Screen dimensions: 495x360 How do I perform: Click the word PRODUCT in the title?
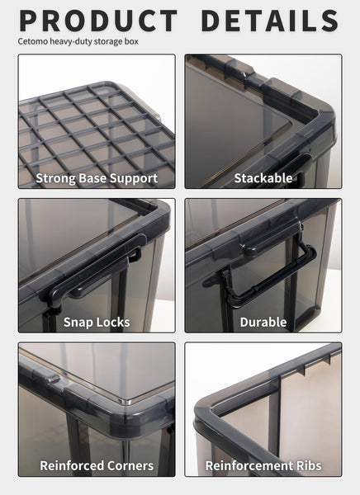98,21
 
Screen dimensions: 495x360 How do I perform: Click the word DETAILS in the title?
269,21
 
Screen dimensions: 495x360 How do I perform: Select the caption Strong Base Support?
97,178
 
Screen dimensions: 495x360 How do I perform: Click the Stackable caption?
263,178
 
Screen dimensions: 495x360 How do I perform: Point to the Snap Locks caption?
97,322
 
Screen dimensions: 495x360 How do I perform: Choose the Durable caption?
263,322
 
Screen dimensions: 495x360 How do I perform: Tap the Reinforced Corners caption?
97,465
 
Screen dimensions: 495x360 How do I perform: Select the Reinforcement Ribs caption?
263,465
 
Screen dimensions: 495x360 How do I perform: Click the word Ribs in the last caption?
305,465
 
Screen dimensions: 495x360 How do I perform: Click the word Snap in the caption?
78,322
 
